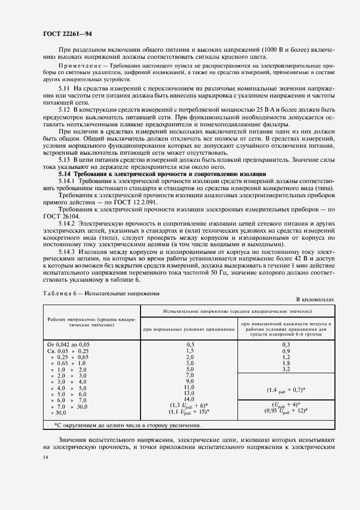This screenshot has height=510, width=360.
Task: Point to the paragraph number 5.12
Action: point(65,109)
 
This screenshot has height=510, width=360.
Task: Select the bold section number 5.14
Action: point(65,173)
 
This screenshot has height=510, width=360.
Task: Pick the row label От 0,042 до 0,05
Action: point(69,344)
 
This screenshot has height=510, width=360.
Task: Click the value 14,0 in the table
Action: point(190,398)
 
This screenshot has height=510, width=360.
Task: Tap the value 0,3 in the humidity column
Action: point(286,344)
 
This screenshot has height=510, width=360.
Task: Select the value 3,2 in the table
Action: point(286,368)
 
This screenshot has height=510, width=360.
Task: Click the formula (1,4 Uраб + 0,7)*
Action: point(286,390)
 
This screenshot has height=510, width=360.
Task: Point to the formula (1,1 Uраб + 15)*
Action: point(190,411)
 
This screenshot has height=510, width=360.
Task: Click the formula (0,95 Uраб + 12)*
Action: point(286,411)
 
